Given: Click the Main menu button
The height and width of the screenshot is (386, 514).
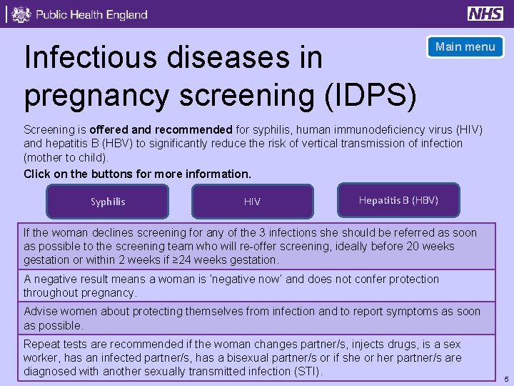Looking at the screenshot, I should [465, 47].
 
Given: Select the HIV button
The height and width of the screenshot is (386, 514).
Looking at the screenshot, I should [252, 202].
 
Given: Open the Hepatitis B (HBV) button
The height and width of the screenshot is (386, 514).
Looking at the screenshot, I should [398, 200].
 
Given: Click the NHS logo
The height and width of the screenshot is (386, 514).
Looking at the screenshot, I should [485, 14].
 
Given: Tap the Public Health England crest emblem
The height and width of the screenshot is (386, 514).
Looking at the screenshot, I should [21, 14].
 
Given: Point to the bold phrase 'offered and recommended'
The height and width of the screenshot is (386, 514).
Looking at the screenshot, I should [161, 130].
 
